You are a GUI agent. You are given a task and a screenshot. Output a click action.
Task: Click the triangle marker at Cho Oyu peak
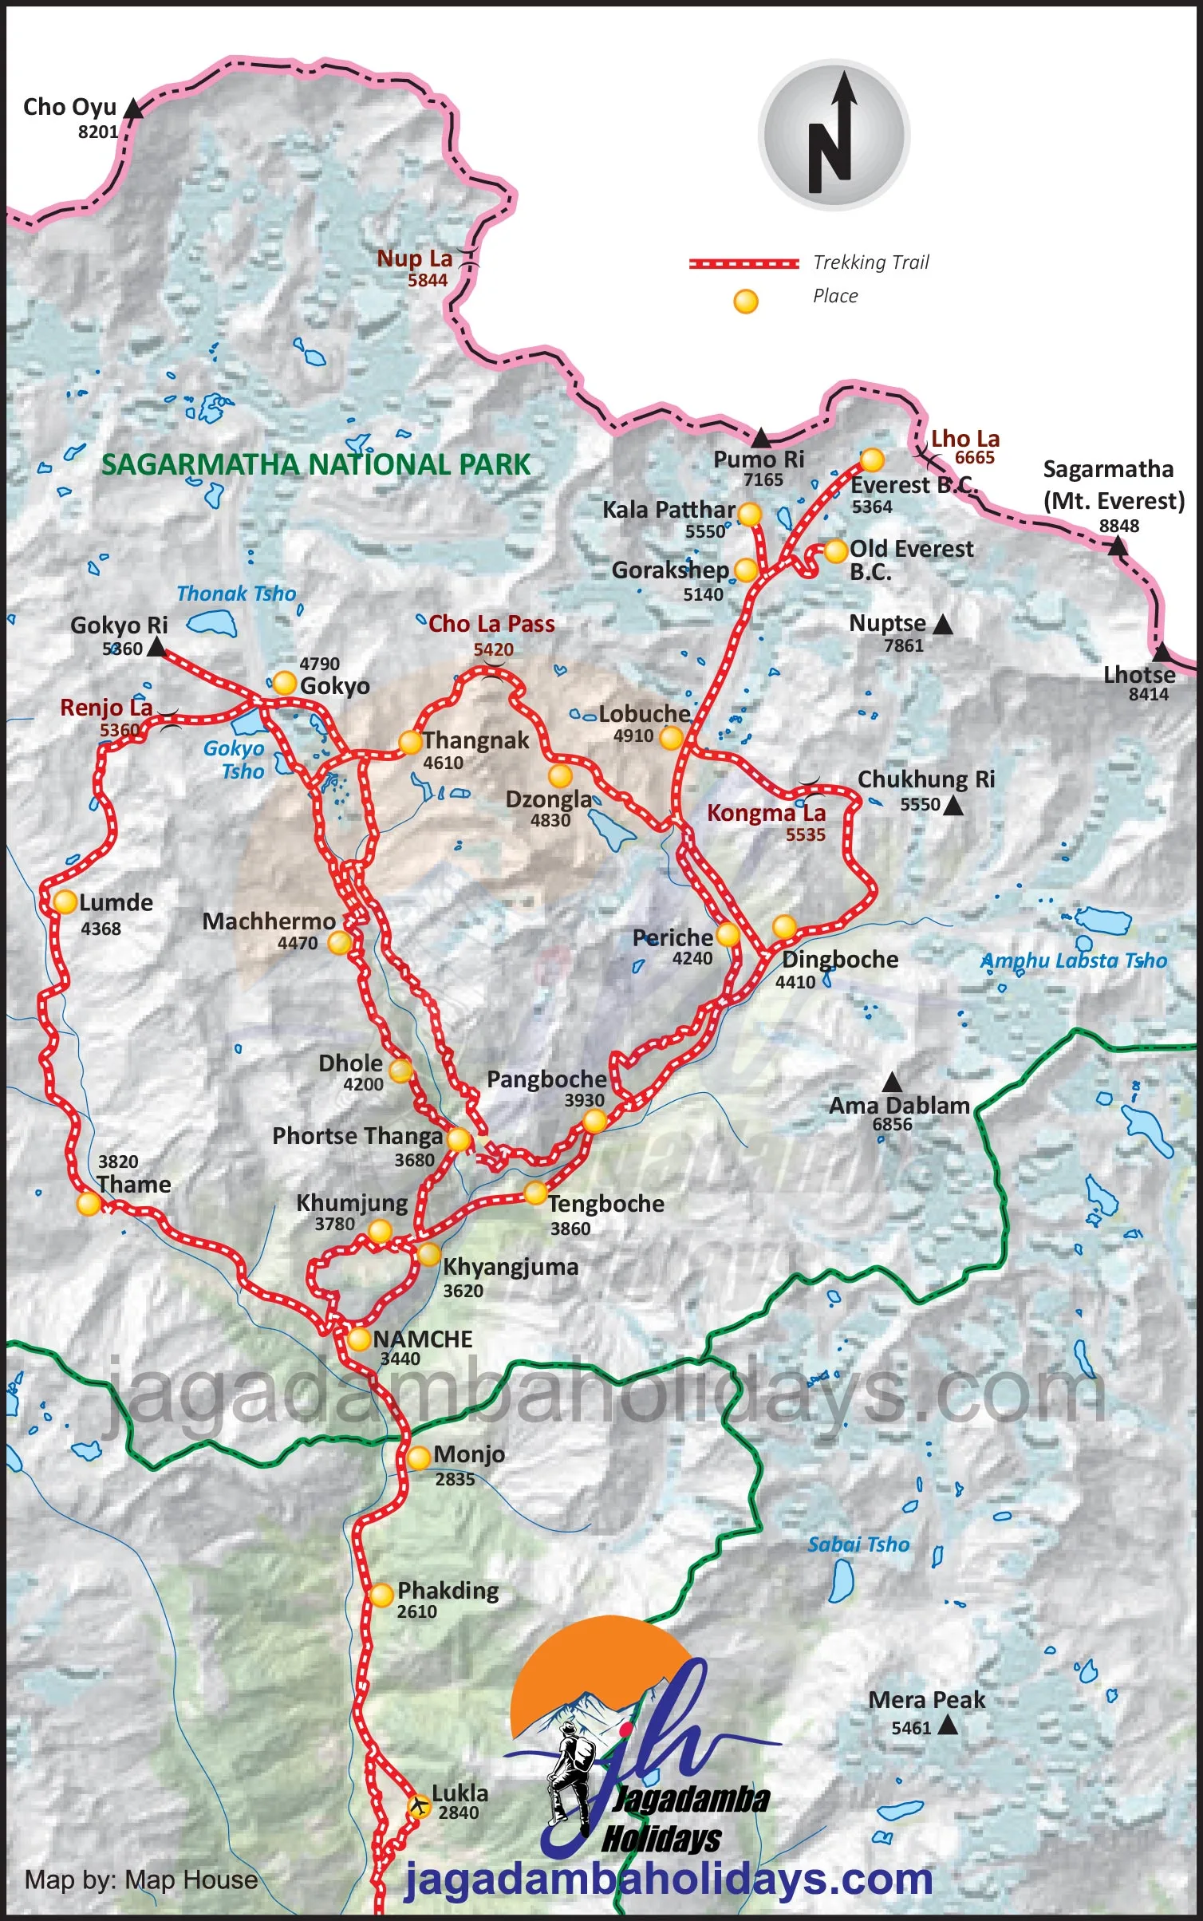pyautogui.click(x=135, y=109)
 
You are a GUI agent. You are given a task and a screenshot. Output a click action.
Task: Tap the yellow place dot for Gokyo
pyautogui.click(x=284, y=683)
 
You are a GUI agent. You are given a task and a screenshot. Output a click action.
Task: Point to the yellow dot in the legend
pyautogui.click(x=745, y=301)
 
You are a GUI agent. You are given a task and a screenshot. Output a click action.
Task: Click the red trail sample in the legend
pyautogui.click(x=743, y=263)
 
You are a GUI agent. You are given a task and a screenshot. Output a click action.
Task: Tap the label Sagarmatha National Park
pyautogui.click(x=316, y=464)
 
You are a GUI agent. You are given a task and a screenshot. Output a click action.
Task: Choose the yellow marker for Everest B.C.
pyautogui.click(x=871, y=460)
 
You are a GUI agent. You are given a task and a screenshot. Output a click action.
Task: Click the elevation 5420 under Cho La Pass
pyautogui.click(x=493, y=649)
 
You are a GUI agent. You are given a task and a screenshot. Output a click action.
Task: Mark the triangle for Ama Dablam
pyautogui.click(x=892, y=1083)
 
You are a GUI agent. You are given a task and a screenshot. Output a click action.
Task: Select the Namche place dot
pyautogui.click(x=358, y=1339)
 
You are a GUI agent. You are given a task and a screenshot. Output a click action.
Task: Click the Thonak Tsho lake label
pyautogui.click(x=236, y=594)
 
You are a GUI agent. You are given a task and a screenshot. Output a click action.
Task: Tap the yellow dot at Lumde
pyautogui.click(x=65, y=901)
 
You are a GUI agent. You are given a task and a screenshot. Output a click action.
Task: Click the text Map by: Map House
pyautogui.click(x=141, y=1880)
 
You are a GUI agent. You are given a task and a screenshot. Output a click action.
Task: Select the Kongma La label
pyautogui.click(x=766, y=813)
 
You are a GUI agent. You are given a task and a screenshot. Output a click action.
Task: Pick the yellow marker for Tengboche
pyautogui.click(x=535, y=1193)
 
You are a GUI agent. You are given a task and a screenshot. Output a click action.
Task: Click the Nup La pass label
pyautogui.click(x=414, y=258)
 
